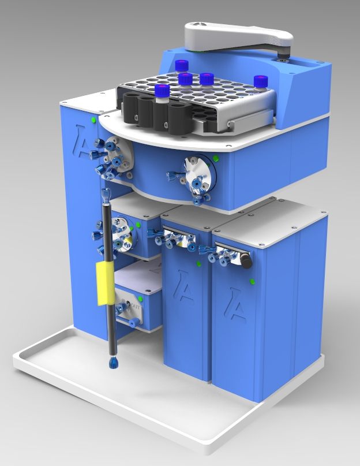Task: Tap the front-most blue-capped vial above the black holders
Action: click(x=163, y=94)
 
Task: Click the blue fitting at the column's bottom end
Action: click(x=113, y=363)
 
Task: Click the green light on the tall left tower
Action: click(x=92, y=120)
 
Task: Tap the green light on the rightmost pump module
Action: click(x=253, y=281)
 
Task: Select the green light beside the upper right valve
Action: click(x=215, y=157)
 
